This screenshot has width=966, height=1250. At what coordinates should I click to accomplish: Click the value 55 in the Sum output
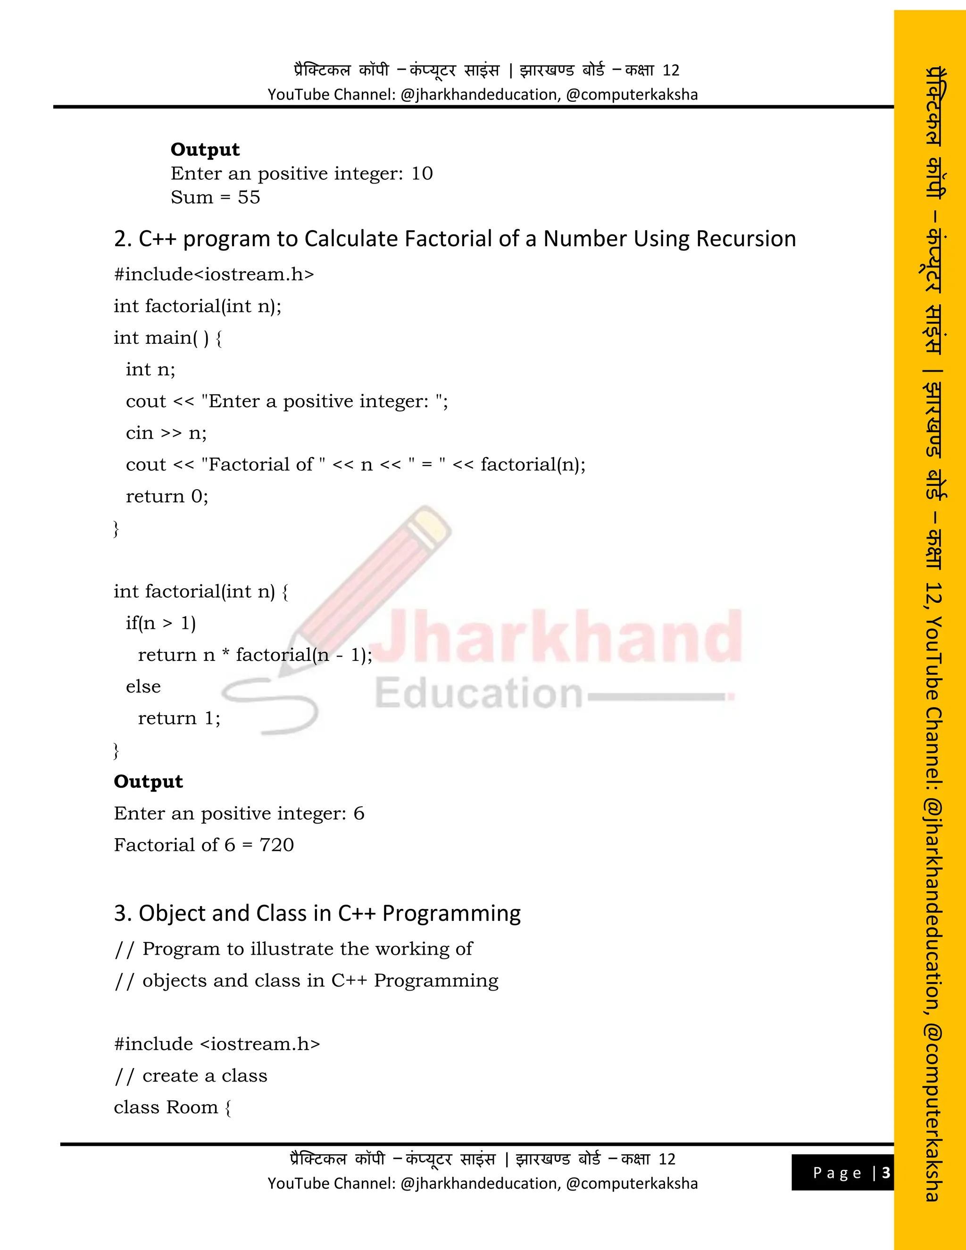click(249, 198)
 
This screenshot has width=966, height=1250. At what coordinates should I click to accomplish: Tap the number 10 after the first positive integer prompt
click(422, 174)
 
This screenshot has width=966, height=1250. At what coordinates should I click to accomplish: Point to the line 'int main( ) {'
click(167, 338)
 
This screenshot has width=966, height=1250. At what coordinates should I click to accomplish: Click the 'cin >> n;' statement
click(166, 433)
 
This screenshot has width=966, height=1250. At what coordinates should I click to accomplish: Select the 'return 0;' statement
click(167, 496)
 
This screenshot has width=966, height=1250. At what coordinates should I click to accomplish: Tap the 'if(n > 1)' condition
click(161, 623)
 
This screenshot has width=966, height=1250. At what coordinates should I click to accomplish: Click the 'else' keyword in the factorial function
click(143, 686)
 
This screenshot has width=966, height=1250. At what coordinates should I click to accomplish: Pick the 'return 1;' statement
click(179, 718)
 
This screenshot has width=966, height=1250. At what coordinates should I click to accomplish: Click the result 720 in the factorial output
click(276, 845)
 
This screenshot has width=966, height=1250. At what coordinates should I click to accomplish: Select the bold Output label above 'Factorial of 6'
click(148, 781)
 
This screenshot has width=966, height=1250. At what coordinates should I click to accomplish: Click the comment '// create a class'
click(191, 1075)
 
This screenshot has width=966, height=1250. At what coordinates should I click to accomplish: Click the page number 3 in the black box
click(886, 1173)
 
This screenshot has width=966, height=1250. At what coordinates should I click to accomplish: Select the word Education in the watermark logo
click(478, 693)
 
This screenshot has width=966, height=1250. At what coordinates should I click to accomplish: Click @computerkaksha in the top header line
click(632, 94)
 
